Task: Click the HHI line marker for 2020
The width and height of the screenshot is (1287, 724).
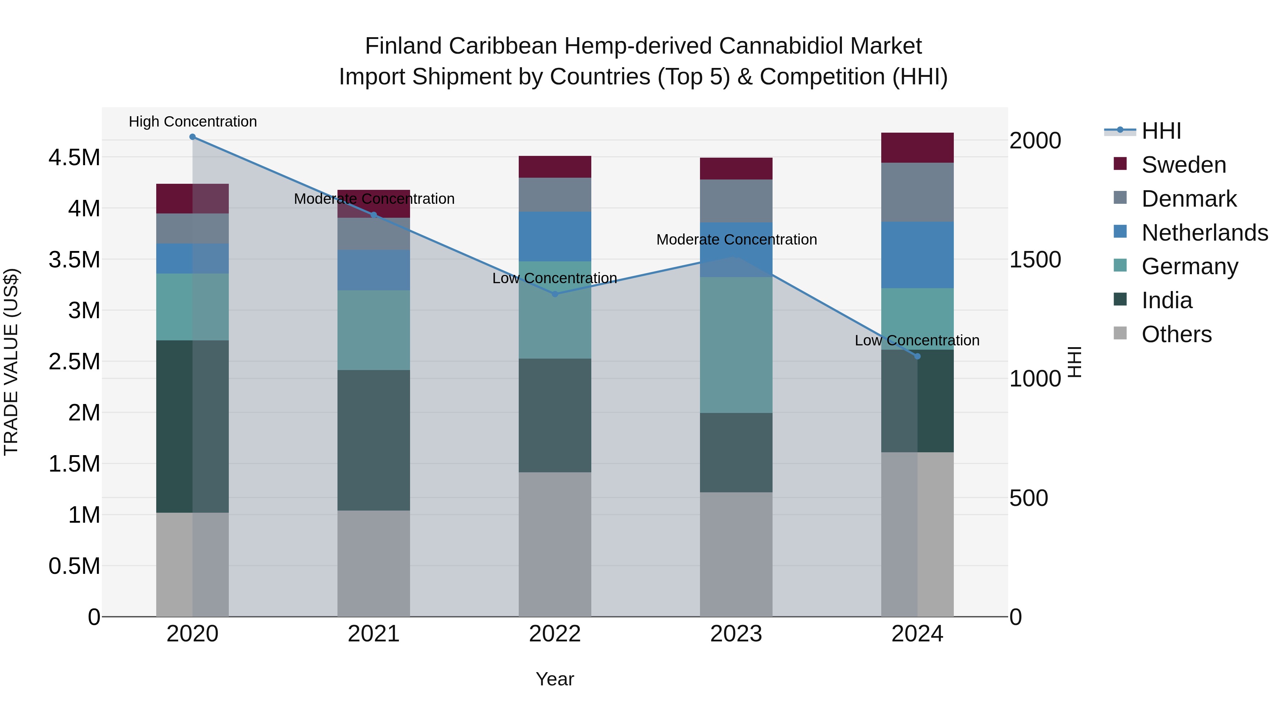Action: (192, 137)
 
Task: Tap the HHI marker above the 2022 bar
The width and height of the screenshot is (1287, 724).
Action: (554, 294)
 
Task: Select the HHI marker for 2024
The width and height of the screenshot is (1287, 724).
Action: (917, 356)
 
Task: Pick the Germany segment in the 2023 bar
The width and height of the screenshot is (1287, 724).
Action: (736, 345)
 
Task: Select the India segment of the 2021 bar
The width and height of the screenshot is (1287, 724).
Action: (374, 440)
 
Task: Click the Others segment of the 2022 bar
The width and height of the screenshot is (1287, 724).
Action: (554, 545)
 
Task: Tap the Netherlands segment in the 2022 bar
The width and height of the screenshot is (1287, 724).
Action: (554, 236)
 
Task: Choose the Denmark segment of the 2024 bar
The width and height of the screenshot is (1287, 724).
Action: (917, 192)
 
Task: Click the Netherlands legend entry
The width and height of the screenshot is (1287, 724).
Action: (1204, 232)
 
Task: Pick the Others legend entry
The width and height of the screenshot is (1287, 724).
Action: (1176, 334)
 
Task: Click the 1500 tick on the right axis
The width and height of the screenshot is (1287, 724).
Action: (1035, 260)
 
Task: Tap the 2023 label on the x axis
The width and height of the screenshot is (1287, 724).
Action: (736, 634)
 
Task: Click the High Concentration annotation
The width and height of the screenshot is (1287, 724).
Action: (193, 122)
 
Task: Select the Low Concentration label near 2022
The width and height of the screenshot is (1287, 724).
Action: (554, 278)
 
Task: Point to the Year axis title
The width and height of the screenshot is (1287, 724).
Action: (554, 679)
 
